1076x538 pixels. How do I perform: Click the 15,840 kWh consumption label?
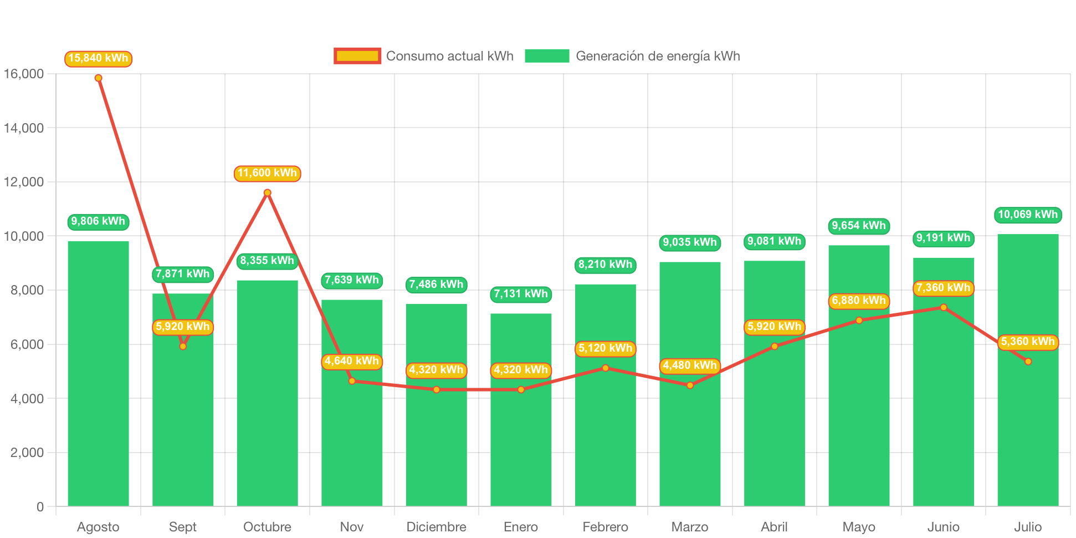pos(98,58)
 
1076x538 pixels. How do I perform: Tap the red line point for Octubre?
pos(267,192)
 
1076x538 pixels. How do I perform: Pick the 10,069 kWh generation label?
pos(1028,215)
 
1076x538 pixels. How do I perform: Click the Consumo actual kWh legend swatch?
pos(357,56)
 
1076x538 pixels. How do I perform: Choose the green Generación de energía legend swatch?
pos(547,56)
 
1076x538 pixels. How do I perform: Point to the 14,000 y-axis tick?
pos(24,128)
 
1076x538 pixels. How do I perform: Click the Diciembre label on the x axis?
pos(436,526)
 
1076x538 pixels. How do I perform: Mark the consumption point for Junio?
pos(944,307)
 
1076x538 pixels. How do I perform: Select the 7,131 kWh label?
pos(521,294)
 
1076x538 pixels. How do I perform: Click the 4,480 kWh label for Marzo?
pos(690,366)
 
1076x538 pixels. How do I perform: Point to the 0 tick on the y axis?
pos(40,506)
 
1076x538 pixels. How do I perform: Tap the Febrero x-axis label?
pos(605,526)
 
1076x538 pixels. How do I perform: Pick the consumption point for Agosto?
pos(98,78)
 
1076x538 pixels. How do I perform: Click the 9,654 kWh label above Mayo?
pos(859,226)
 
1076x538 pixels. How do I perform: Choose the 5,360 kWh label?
pos(1028,342)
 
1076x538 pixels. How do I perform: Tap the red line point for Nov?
pos(352,381)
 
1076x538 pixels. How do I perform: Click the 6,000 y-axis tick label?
pos(24,344)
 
